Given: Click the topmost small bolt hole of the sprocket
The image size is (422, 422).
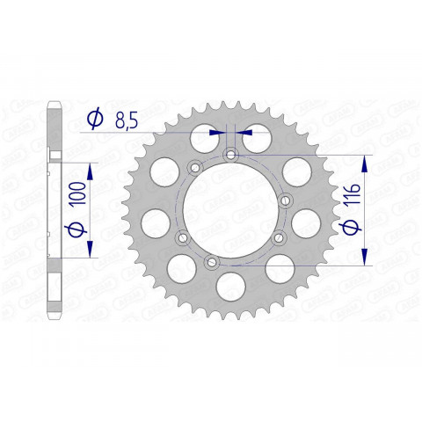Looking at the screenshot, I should point(230,156).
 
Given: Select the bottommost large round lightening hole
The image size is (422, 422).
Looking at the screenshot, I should point(230,285).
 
